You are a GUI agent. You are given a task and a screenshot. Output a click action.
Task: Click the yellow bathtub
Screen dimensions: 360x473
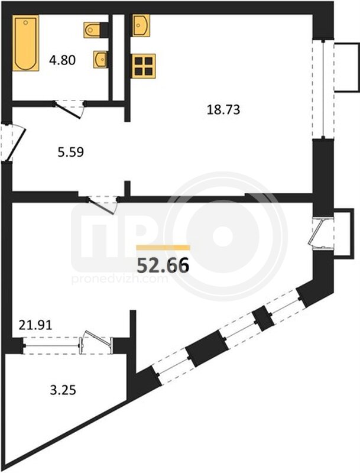coord(25,43)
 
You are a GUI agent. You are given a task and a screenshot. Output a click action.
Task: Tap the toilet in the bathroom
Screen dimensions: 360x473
coord(92,30)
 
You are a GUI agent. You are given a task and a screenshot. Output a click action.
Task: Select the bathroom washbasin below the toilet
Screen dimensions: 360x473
coord(100,60)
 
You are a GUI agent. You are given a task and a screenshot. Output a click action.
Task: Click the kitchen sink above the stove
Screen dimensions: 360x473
coord(141,25)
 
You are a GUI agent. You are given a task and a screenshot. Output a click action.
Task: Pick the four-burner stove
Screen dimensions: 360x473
coord(144,66)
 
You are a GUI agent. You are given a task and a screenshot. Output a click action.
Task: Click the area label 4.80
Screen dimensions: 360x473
coord(63,60)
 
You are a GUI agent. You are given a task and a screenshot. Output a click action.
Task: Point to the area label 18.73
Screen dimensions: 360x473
coord(223,109)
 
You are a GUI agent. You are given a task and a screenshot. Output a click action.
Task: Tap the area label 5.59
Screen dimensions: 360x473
coord(71,152)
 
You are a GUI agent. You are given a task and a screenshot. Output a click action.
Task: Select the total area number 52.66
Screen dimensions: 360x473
coord(163,265)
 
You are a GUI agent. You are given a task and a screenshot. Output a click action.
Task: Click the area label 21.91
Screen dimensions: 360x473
coord(35,325)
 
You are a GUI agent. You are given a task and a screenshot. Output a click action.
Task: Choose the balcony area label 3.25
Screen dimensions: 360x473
coord(63,390)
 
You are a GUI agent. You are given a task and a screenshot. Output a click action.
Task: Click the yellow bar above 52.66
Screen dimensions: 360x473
coord(163,248)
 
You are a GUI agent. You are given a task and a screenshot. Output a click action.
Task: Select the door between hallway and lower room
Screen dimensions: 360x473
coord(102,205)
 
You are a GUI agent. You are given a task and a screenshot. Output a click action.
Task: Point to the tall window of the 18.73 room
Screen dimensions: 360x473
coord(323,89)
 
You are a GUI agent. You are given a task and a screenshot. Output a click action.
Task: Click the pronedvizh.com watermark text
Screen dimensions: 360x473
coord(119,279)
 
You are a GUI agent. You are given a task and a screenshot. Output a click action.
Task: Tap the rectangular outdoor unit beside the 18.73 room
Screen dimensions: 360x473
coord(347,67)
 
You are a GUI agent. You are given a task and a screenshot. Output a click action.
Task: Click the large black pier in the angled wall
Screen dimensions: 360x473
coord(207,348)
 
